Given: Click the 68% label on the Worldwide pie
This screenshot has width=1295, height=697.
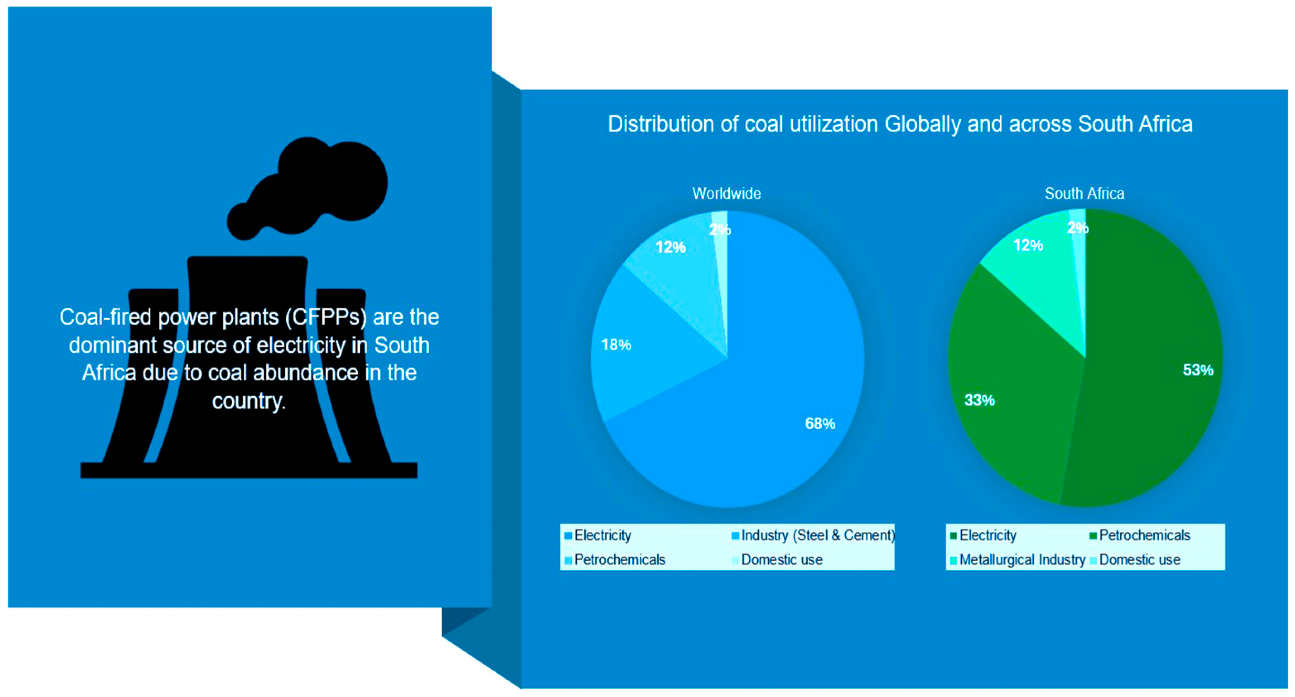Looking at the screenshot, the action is (820, 424).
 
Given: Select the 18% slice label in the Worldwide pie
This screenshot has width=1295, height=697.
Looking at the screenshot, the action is (616, 345).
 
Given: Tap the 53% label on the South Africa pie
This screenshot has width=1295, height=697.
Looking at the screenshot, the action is (1198, 370).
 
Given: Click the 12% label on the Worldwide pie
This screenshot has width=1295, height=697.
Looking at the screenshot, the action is (671, 247).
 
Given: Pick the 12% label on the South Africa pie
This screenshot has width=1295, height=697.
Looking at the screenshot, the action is (1028, 245).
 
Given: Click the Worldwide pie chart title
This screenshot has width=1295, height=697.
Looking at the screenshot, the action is (727, 193).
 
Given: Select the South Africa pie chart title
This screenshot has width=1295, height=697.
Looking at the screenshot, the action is (1084, 193).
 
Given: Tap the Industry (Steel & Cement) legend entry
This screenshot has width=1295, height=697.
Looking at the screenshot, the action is (814, 536).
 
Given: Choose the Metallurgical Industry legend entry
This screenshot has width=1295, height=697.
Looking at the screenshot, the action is (1018, 560).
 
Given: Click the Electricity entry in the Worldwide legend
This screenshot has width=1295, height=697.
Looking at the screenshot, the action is (598, 536).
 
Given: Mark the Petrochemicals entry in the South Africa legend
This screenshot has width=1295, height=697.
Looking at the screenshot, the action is (1140, 536).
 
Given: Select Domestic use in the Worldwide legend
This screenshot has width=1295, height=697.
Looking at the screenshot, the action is (777, 560).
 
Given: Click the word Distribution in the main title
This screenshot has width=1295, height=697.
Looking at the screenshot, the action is (661, 124).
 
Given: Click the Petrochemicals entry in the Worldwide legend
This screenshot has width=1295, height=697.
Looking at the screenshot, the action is (615, 560).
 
